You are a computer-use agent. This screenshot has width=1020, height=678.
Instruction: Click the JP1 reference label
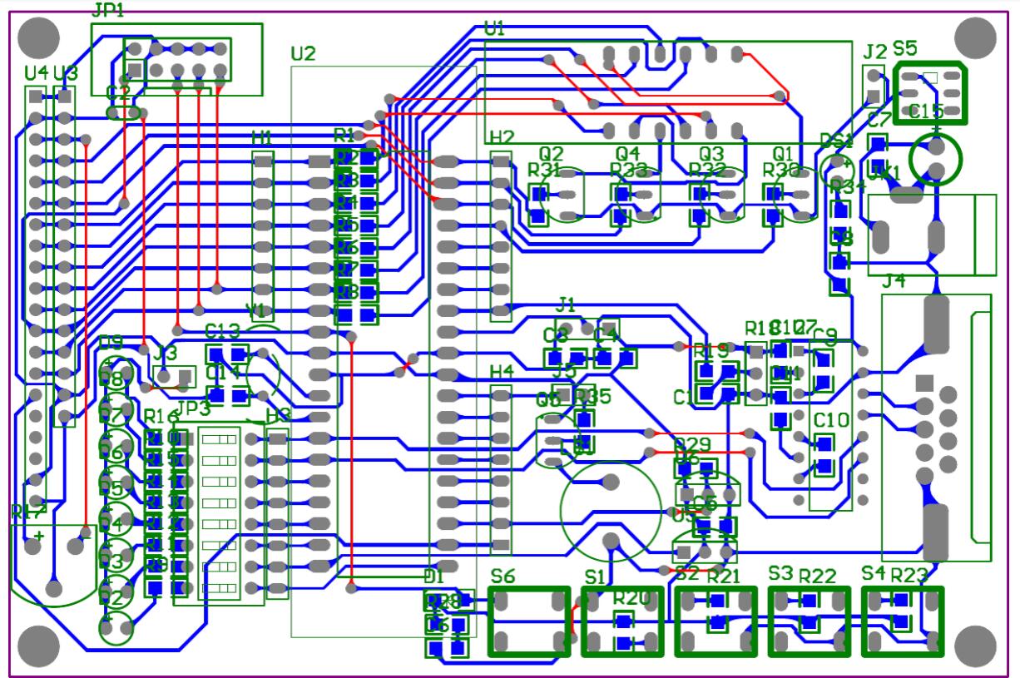coord(106,11)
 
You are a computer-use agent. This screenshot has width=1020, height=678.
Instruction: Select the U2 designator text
coord(303,54)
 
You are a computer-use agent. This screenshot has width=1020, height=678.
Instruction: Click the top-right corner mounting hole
coord(974,37)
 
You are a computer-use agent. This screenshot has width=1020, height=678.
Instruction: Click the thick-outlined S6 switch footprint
coord(528,621)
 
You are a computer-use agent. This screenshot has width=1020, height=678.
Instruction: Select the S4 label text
coord(873,573)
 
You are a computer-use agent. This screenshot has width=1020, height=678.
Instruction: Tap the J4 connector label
coord(894,281)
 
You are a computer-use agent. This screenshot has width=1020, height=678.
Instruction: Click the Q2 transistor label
coord(551,153)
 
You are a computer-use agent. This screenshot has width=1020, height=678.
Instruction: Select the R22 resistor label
coord(817,576)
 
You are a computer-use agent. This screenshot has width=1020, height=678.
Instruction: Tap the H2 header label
coord(502,136)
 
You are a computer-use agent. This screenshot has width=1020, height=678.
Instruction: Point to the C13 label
coord(222,330)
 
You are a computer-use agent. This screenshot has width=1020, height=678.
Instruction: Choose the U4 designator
coord(36,73)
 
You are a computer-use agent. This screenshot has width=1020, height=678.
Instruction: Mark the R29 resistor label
coord(691,444)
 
